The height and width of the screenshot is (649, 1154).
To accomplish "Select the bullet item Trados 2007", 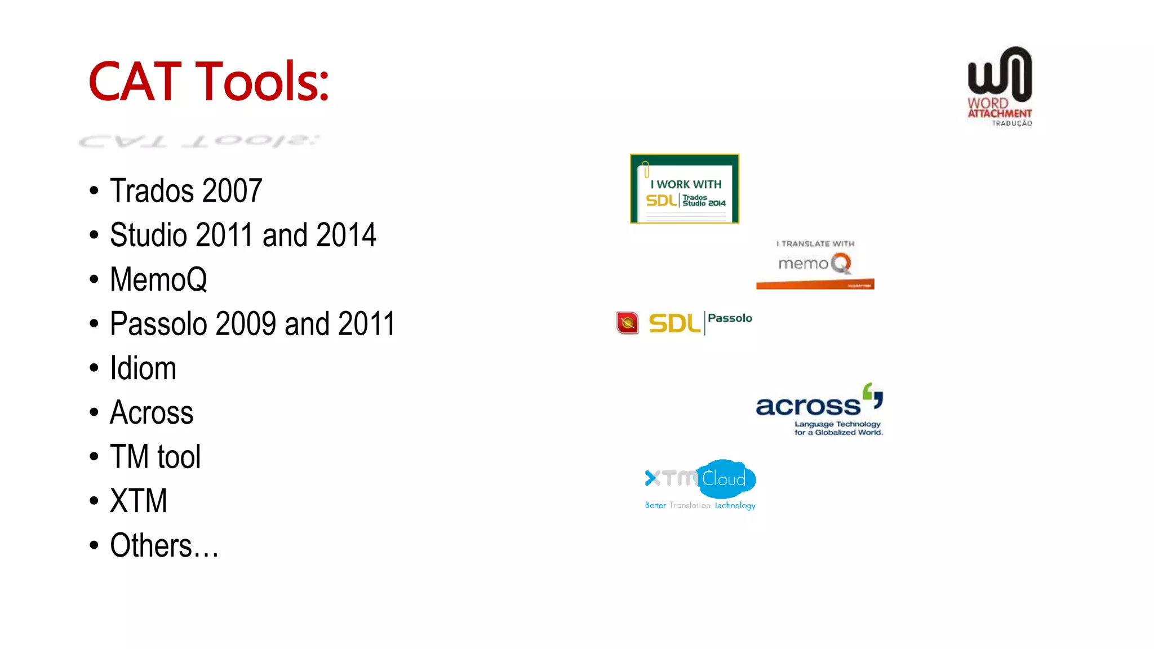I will [186, 191].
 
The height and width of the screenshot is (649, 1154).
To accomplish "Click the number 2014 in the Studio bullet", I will [346, 235].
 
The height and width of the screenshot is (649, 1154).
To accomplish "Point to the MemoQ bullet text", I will [158, 279].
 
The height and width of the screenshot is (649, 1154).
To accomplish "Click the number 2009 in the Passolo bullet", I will [247, 324].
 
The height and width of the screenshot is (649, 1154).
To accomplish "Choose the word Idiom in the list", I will [143, 368].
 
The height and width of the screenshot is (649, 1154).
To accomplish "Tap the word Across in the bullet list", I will [152, 412].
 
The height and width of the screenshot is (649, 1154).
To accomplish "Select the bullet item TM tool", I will [155, 457].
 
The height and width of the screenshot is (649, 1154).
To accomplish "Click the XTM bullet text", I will [139, 501].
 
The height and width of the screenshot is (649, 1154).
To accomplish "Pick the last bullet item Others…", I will [164, 545].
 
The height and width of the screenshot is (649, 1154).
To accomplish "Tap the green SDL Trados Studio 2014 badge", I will [684, 189].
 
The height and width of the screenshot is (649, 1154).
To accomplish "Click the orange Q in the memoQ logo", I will [841, 263].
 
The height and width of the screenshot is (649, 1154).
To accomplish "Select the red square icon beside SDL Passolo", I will [627, 323].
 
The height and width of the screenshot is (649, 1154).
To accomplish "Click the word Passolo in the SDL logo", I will [730, 318].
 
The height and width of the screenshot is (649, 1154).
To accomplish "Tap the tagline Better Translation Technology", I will [700, 505].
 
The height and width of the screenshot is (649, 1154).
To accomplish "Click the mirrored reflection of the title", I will [199, 141].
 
